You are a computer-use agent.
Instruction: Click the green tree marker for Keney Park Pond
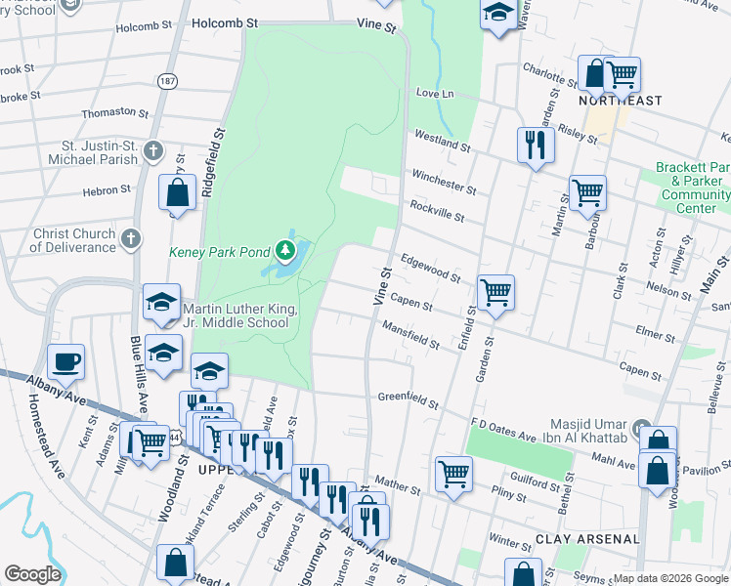click(x=285, y=251)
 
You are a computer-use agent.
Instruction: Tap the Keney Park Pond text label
click(x=220, y=252)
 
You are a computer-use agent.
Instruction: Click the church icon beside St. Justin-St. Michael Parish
click(x=151, y=150)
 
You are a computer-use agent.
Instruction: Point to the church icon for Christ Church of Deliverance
click(x=131, y=238)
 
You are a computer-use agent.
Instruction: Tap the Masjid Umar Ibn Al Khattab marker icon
click(x=640, y=428)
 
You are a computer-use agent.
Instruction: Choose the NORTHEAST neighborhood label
click(x=620, y=101)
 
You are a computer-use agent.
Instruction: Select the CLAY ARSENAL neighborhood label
click(x=587, y=539)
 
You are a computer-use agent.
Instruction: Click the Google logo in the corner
click(x=32, y=574)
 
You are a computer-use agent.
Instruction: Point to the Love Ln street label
click(x=435, y=94)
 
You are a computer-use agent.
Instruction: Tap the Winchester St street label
click(x=443, y=181)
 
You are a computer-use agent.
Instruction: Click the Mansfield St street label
click(x=410, y=335)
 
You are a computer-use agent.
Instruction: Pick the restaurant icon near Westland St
click(x=535, y=146)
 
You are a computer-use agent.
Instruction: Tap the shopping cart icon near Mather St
click(x=453, y=475)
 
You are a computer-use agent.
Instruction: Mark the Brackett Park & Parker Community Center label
click(x=693, y=188)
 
